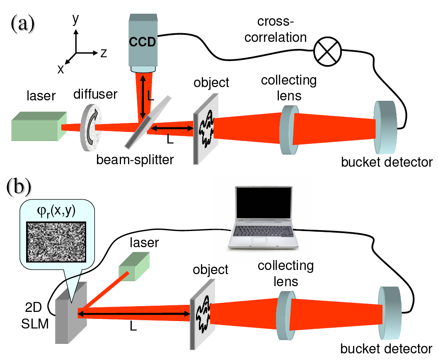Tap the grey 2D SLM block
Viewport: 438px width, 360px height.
coord(70,313)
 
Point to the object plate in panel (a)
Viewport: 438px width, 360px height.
coord(206,129)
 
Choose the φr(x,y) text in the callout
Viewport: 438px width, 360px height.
coord(56,211)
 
